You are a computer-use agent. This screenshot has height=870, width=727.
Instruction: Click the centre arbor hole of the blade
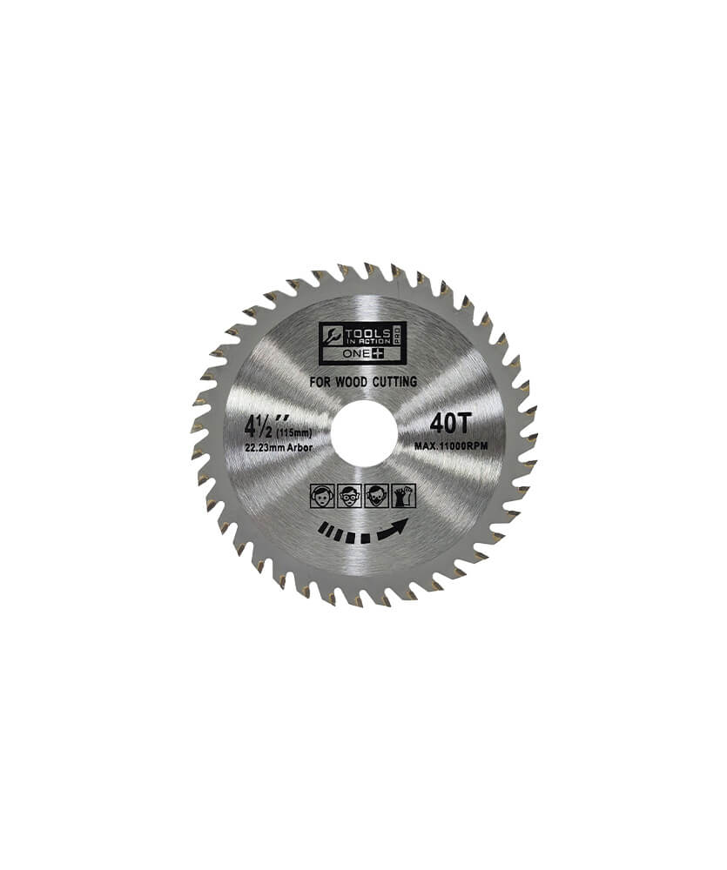tap(364, 433)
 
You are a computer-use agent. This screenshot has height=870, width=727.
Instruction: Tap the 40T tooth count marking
tap(450, 425)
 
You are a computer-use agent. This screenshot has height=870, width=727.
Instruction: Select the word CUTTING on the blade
tap(395, 382)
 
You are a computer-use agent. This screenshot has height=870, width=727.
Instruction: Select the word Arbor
tap(300, 447)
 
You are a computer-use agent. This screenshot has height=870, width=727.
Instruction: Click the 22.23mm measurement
tap(266, 447)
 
